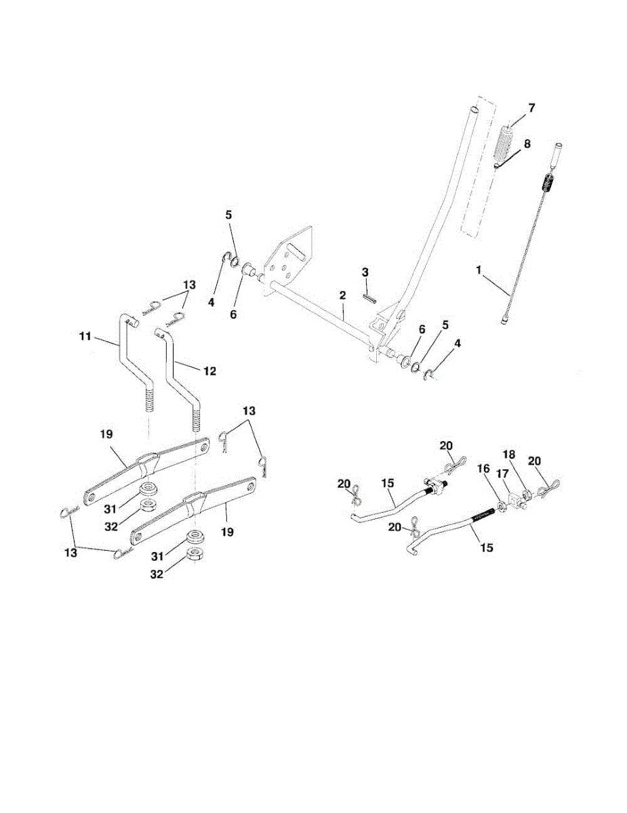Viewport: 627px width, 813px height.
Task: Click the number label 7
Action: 531,108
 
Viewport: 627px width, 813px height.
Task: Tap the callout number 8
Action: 527,144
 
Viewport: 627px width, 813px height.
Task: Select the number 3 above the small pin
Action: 365,272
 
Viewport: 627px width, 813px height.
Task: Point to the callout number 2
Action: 343,295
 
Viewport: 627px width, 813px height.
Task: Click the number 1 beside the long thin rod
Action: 479,270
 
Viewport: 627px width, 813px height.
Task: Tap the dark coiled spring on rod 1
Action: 549,183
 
